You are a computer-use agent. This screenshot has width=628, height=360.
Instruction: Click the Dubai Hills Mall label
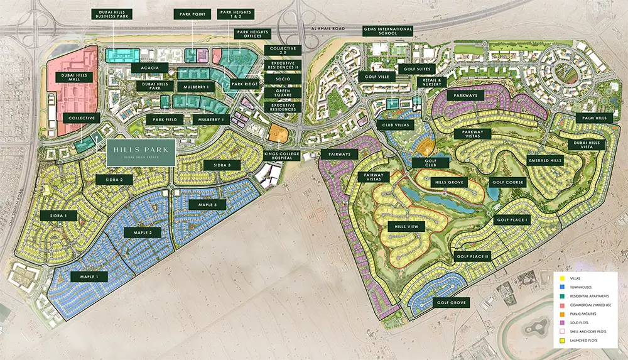pyautogui.click(x=75, y=78)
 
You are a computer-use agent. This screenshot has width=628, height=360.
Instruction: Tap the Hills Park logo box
pyautogui.click(x=139, y=153)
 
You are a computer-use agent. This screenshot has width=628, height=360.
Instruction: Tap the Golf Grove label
pyautogui.click(x=450, y=303)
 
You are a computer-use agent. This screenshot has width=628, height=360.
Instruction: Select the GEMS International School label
pyautogui.click(x=387, y=33)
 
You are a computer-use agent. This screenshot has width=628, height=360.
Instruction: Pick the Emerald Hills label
pyautogui.click(x=544, y=161)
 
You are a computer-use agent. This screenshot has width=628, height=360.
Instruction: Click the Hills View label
pyautogui.click(x=406, y=226)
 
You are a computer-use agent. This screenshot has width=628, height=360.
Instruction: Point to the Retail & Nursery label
pyautogui.click(x=433, y=82)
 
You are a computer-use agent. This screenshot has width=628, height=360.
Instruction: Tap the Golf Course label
pyautogui.click(x=506, y=182)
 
